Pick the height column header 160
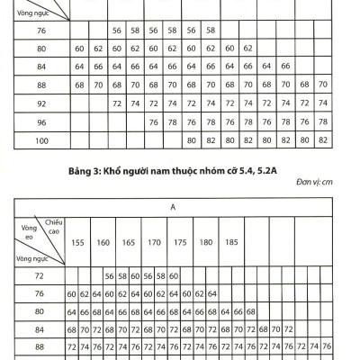click(103, 243)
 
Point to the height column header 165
click(129, 243)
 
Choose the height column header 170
click(154, 243)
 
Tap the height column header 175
click(180, 243)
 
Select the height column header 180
click(205, 243)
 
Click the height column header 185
click(231, 243)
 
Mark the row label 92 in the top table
click(39, 103)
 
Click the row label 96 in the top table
click(39, 121)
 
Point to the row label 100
click(39, 140)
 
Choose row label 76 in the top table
click(39, 30)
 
